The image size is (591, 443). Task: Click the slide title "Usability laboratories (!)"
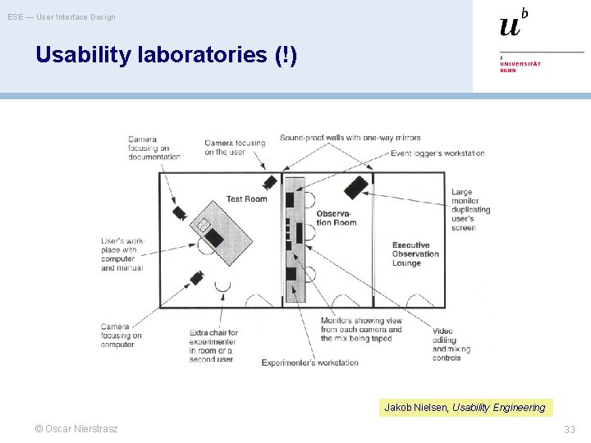point(167,55)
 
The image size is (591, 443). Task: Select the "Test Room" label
point(246,199)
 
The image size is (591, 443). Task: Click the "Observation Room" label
point(337,218)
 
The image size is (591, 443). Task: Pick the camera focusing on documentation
point(180,212)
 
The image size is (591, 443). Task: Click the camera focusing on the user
point(270,182)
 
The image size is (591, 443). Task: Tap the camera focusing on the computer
point(197,277)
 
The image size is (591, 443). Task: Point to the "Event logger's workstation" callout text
point(438,153)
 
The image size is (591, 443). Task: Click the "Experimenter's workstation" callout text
point(310,363)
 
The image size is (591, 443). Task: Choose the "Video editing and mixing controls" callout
point(447,345)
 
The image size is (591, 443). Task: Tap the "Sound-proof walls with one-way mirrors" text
point(350,138)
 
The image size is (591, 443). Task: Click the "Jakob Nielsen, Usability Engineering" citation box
point(465,408)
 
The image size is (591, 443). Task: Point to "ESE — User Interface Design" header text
point(62,17)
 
